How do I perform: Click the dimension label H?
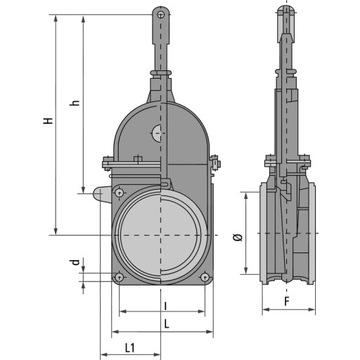[47, 120]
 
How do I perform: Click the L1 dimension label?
[130, 347]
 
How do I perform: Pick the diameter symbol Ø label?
[236, 237]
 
